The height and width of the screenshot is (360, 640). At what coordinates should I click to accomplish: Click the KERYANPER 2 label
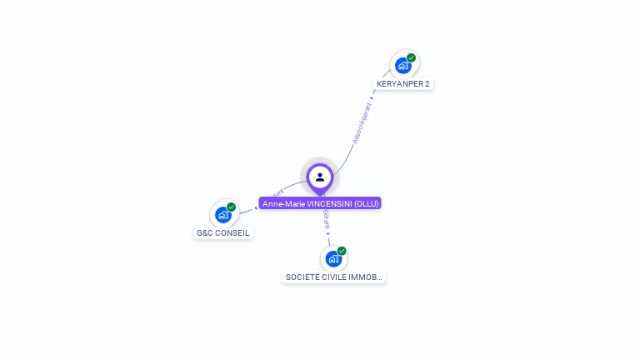click(x=403, y=83)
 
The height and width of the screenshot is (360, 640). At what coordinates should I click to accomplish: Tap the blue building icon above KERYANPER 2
click(x=403, y=65)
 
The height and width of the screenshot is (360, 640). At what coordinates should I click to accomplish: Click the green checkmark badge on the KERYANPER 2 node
click(x=412, y=57)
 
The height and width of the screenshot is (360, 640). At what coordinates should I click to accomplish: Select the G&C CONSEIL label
click(x=222, y=232)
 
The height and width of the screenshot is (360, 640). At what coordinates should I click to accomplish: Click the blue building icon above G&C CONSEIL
click(x=223, y=215)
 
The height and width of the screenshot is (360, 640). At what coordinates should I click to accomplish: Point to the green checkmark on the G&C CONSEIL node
click(x=232, y=207)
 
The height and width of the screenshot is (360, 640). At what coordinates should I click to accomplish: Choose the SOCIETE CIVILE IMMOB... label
click(x=333, y=277)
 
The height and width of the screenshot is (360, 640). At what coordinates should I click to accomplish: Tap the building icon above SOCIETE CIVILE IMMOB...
click(x=333, y=259)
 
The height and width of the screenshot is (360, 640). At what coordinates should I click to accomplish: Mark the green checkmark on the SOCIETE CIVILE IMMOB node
click(x=342, y=251)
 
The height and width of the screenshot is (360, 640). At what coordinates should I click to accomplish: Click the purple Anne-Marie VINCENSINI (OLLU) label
click(x=320, y=203)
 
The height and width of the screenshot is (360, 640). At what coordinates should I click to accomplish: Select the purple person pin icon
click(x=320, y=177)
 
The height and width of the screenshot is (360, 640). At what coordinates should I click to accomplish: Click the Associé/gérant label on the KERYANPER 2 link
click(x=362, y=123)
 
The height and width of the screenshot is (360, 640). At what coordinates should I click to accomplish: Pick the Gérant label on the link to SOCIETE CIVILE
click(x=327, y=220)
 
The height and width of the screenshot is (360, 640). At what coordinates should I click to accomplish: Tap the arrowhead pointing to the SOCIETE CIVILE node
click(x=328, y=234)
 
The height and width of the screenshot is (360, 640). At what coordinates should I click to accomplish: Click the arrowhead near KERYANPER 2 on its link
click(x=372, y=97)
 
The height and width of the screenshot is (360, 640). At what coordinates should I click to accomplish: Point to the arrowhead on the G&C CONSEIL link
click(x=257, y=207)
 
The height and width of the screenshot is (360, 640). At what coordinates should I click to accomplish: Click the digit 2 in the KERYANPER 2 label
click(x=427, y=83)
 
